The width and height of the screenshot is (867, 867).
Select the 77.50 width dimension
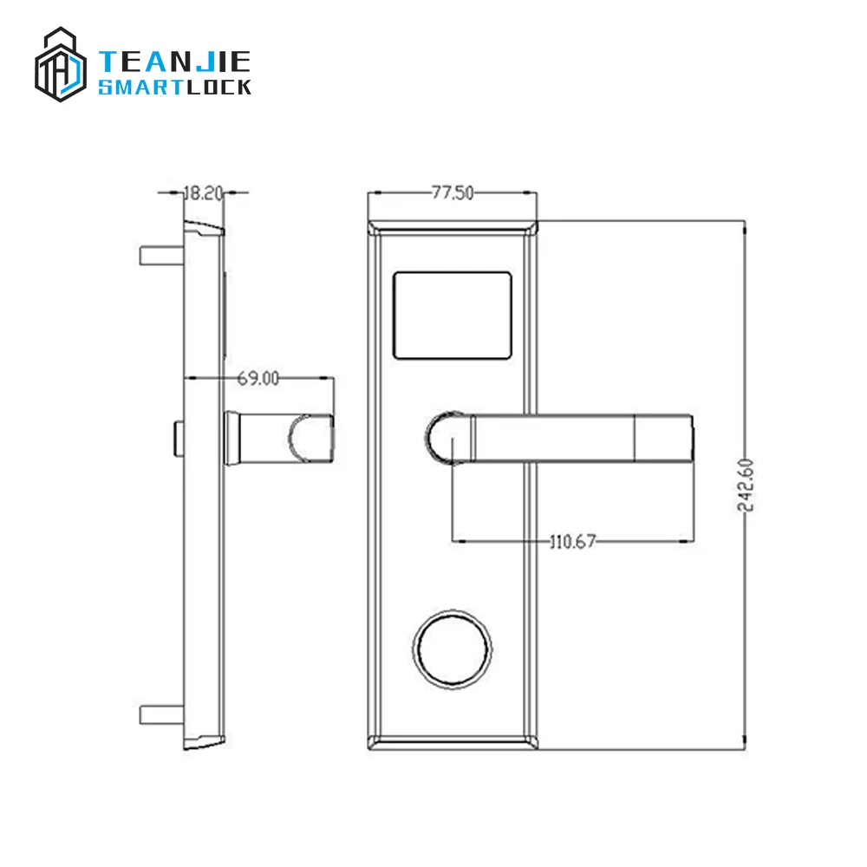pyautogui.click(x=453, y=193)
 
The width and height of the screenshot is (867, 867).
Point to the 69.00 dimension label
pyautogui.click(x=259, y=378)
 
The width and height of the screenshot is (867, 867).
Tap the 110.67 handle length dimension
pyautogui.click(x=572, y=543)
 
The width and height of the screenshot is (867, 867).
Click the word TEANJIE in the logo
pyautogui.click(x=175, y=62)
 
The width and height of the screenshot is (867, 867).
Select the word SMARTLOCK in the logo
pyautogui.click(x=175, y=88)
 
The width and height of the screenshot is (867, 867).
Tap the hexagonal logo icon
pyautogui.click(x=61, y=64)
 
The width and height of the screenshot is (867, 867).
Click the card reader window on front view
pyautogui.click(x=452, y=315)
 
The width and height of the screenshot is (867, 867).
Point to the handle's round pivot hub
pyautogui.click(x=444, y=437)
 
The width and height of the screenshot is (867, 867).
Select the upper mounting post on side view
pyautogui.click(x=161, y=256)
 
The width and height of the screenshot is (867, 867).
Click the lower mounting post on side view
pyautogui.click(x=161, y=715)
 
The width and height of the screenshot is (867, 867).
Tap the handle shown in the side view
pyautogui.click(x=279, y=437)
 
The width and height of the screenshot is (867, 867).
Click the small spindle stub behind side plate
pyautogui.click(x=179, y=437)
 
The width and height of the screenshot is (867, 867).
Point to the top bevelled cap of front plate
pyautogui.click(x=453, y=226)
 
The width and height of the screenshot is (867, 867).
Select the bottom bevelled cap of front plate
pyautogui.click(x=453, y=742)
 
